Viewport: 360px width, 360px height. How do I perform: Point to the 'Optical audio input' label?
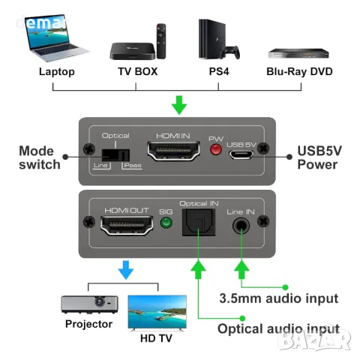pos(277,328)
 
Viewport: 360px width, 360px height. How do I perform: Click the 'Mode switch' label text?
pos(40,156)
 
